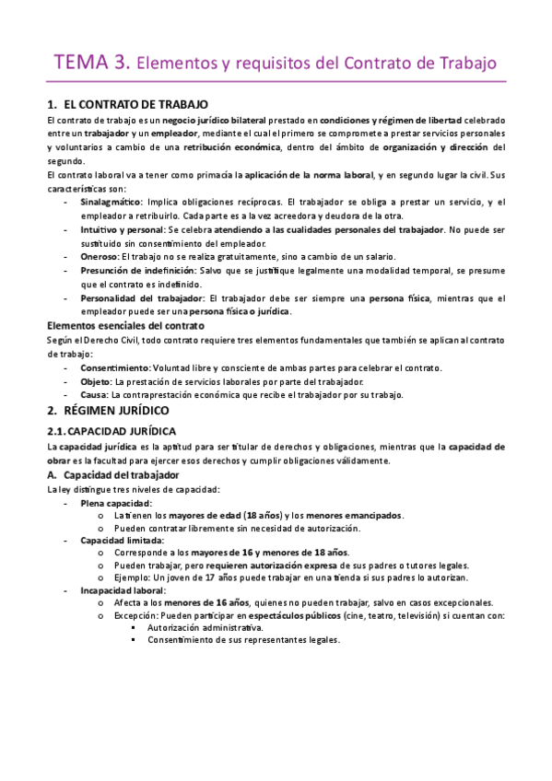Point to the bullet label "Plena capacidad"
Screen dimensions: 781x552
(115, 503)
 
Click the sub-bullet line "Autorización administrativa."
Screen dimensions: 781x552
(200, 626)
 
